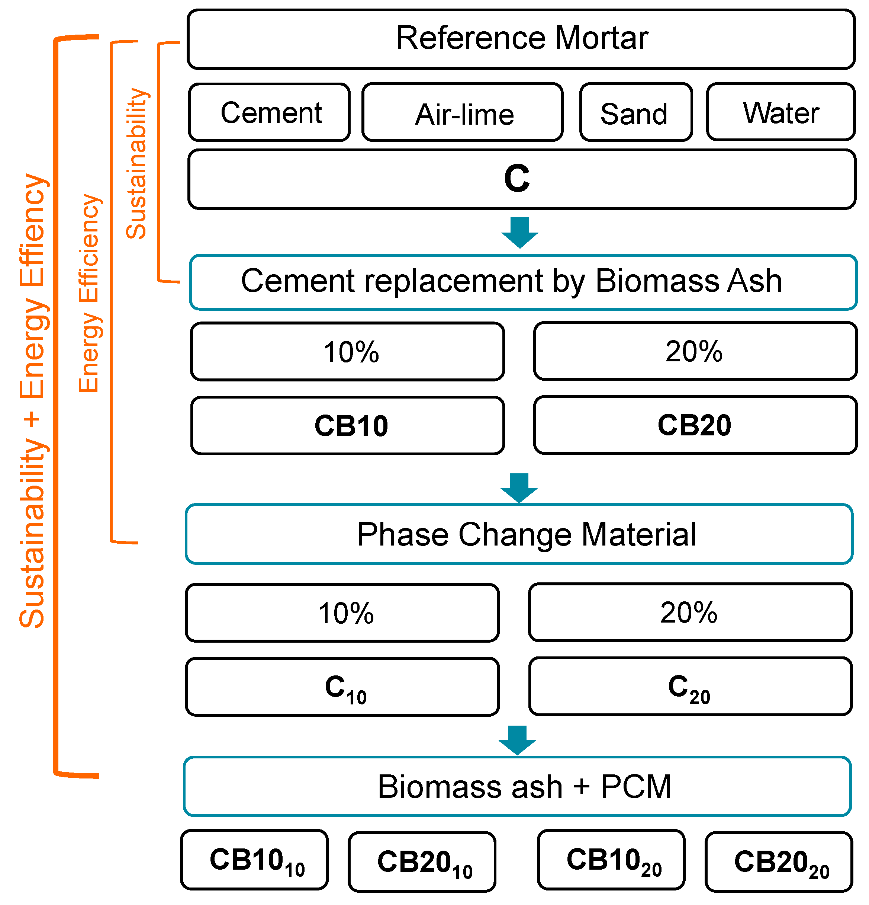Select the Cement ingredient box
pos(270,112)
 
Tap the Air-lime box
pos(463,112)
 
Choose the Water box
pos(781,112)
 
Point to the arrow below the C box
pos(519,232)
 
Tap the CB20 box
pos(695,425)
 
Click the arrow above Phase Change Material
pos(519,487)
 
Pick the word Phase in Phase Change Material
pos(402,535)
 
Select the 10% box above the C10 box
pos(342,613)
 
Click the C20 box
pos(690,687)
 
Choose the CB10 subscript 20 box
pos(611,860)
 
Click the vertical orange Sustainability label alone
pos(136,164)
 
